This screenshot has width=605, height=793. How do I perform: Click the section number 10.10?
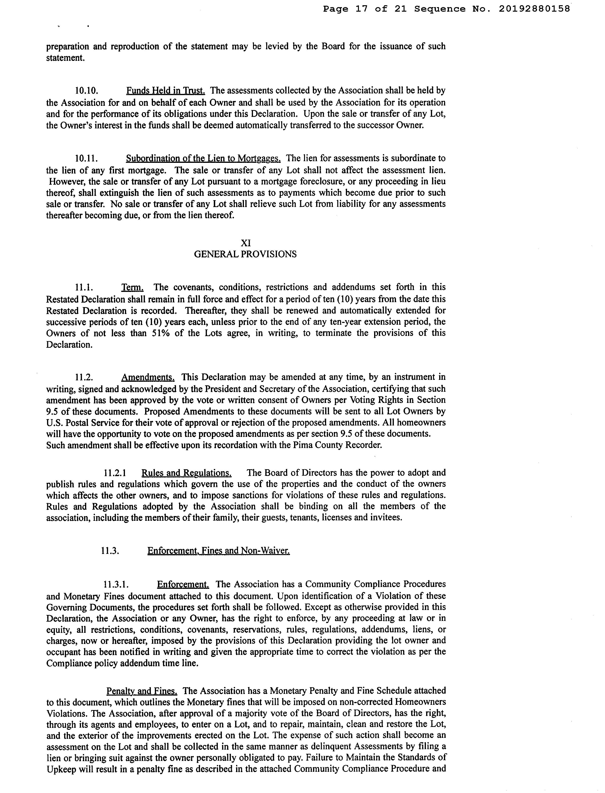point(86,91)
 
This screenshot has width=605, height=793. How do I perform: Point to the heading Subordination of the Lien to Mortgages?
point(203,159)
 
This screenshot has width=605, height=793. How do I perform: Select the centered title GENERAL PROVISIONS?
point(245,254)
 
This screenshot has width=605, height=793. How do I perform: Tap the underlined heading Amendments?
point(148,377)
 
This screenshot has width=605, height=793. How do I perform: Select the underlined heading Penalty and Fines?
point(142,691)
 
